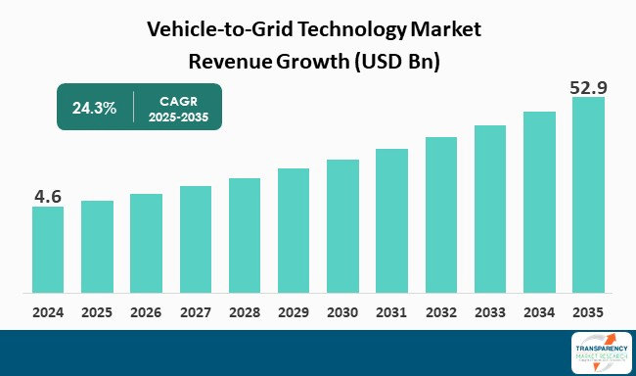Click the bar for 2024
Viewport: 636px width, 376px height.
pos(48,250)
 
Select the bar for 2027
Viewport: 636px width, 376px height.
pos(196,239)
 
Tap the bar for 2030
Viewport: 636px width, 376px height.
pos(342,226)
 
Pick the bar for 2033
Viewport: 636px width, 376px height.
pos(490,210)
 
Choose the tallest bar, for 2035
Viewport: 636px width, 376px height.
pos(588,195)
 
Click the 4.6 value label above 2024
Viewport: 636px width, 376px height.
pos(48,197)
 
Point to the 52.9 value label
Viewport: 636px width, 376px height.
pos(588,88)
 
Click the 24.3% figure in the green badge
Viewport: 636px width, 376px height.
pos(94,108)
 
